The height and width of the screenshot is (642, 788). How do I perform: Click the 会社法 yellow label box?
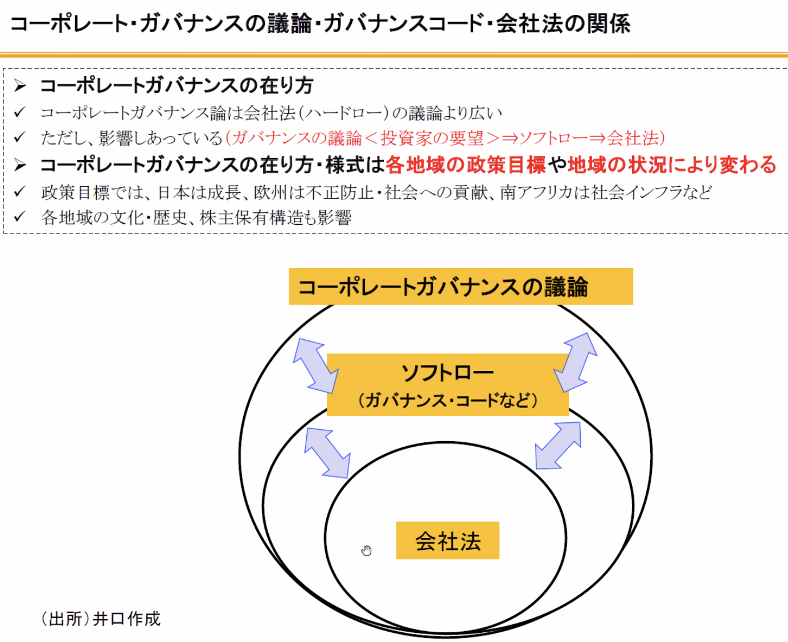448,540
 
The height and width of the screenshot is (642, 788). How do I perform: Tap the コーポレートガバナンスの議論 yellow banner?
460,286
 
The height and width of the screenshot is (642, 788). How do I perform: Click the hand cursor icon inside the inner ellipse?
366,550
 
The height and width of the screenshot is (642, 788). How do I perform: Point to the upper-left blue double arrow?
315,365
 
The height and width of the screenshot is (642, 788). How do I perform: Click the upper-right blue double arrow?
576,362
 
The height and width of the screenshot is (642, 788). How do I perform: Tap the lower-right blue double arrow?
559,446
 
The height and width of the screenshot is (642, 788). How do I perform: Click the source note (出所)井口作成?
101,619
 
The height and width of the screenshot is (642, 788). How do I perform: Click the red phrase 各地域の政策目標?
465,165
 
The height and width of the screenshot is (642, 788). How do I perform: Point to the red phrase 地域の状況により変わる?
672,165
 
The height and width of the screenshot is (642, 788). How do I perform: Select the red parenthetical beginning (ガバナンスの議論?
445,138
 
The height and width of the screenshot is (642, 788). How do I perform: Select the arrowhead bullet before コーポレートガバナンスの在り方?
20,86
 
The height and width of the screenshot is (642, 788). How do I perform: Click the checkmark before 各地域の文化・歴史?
20,217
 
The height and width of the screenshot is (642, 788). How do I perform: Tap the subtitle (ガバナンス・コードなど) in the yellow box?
448,400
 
